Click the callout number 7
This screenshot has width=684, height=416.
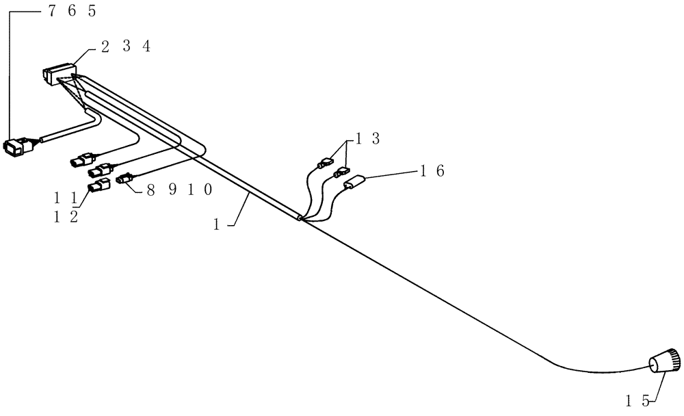53,11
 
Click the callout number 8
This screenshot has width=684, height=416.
150,190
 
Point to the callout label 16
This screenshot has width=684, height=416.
432,171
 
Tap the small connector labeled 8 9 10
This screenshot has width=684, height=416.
124,179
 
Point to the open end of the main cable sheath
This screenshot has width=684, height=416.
300,218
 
